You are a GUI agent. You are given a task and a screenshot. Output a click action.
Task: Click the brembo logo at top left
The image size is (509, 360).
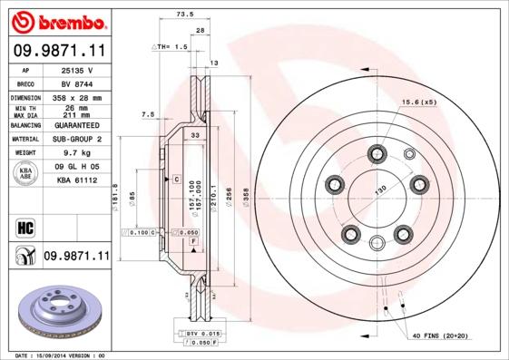tap(56, 21)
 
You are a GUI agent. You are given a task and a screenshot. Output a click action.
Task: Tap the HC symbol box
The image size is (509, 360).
tap(24, 227)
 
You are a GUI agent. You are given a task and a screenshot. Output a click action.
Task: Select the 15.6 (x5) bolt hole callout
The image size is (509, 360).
tap(419, 102)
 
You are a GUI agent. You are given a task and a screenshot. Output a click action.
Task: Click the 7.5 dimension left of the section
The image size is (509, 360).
tap(148, 115)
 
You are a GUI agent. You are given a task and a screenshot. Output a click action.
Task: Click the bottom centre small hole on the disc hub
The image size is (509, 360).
tap(378, 242)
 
